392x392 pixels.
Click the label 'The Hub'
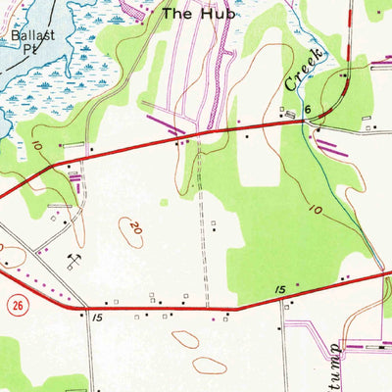(x=187, y=14)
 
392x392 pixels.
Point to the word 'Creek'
(x=304, y=68)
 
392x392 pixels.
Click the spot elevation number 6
(x=307, y=111)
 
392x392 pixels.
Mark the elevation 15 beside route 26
(x=96, y=318)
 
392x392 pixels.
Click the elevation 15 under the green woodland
(x=278, y=291)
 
